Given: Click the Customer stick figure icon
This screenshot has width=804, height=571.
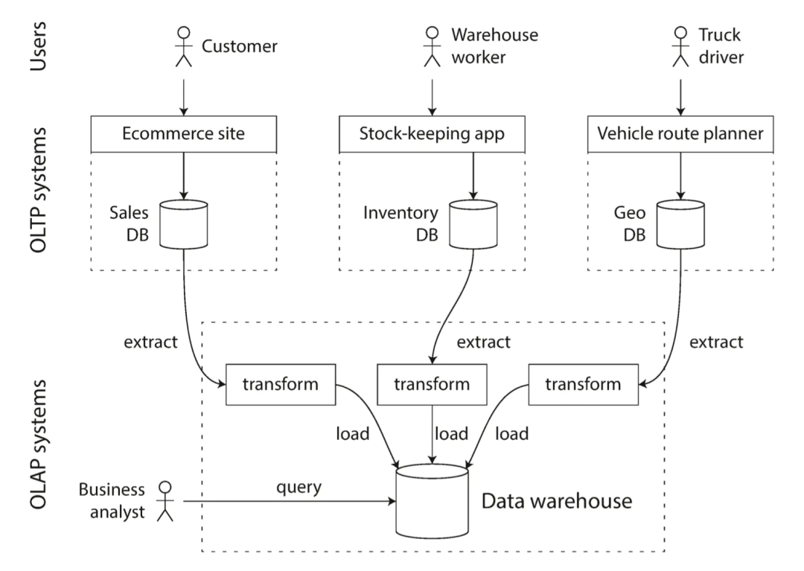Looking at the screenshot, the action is (x=184, y=47).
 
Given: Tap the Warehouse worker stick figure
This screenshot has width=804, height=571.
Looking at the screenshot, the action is (x=433, y=47).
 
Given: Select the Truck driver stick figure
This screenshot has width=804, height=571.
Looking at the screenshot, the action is (x=680, y=47).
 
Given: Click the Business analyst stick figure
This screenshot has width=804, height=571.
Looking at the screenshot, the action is (x=165, y=501).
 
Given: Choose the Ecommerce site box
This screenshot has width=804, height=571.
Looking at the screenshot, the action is (x=184, y=134).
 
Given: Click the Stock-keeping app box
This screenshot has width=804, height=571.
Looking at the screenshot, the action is (x=432, y=134).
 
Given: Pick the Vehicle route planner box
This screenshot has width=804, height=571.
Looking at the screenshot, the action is (x=680, y=134).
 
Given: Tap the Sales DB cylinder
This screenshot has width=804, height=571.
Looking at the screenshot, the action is (x=184, y=225).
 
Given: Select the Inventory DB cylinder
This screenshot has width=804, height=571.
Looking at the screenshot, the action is (x=473, y=225).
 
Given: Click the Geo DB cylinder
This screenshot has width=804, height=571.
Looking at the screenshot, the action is (x=680, y=225).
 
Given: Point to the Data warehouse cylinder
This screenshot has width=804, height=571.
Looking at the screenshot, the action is (x=432, y=501).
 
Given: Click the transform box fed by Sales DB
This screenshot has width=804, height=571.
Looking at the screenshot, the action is (x=281, y=384).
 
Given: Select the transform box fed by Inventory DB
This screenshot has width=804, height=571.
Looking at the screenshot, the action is (x=432, y=384).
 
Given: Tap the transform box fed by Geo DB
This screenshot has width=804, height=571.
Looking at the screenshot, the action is (x=584, y=384).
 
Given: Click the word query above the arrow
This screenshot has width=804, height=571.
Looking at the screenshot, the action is (x=299, y=488).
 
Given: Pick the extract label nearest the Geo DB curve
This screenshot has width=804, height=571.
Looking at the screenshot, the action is (x=716, y=342).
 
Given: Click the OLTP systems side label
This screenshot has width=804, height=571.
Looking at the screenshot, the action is (x=39, y=190).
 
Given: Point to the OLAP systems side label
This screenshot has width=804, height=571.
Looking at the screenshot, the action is (x=39, y=444).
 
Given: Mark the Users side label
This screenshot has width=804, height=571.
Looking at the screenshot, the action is (x=39, y=46).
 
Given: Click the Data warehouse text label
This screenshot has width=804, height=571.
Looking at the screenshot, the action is (x=557, y=501).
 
